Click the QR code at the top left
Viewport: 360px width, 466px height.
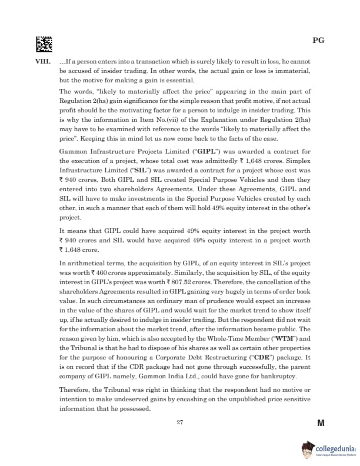[x=44, y=42]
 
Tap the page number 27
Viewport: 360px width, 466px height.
[x=180, y=422]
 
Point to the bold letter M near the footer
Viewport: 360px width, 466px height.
[x=321, y=422]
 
